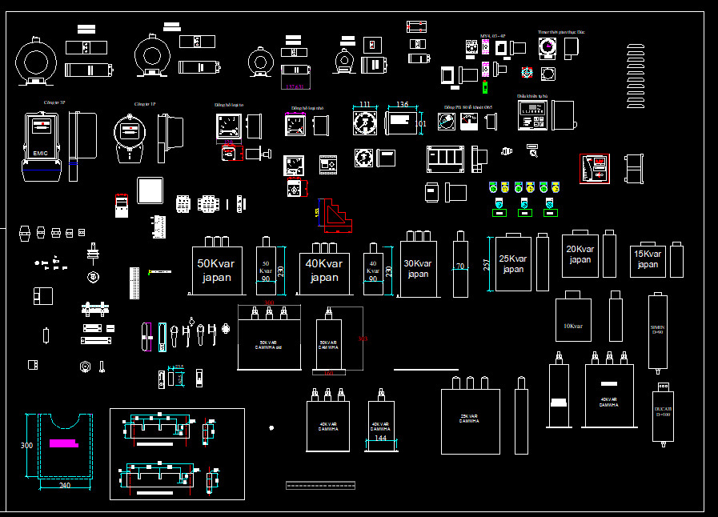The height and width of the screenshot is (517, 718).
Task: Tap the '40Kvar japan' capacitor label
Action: coord(323,271)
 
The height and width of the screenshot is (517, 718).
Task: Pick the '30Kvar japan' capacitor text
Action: coord(417,268)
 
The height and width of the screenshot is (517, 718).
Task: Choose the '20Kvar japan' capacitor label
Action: coord(580,254)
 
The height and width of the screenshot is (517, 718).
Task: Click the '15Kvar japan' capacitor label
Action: coord(648,259)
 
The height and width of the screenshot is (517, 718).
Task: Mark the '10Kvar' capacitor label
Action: coord(573,326)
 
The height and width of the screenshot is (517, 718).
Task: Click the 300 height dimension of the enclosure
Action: coord(27,445)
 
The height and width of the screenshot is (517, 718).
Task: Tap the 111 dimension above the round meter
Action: coord(365,105)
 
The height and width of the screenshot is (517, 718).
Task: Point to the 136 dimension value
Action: coord(402,105)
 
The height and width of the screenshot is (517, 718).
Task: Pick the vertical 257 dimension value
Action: coord(487,265)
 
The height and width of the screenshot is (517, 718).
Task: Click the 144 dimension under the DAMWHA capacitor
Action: coord(381,438)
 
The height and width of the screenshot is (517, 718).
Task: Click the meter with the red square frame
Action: coord(595,168)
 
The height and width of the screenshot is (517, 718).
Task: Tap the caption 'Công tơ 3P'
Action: coord(54,103)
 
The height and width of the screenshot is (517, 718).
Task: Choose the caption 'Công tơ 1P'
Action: coord(144,103)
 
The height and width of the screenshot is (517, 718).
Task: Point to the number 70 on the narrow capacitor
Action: coord(459,267)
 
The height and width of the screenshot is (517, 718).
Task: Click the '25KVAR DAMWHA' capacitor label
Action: coord(469,419)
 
